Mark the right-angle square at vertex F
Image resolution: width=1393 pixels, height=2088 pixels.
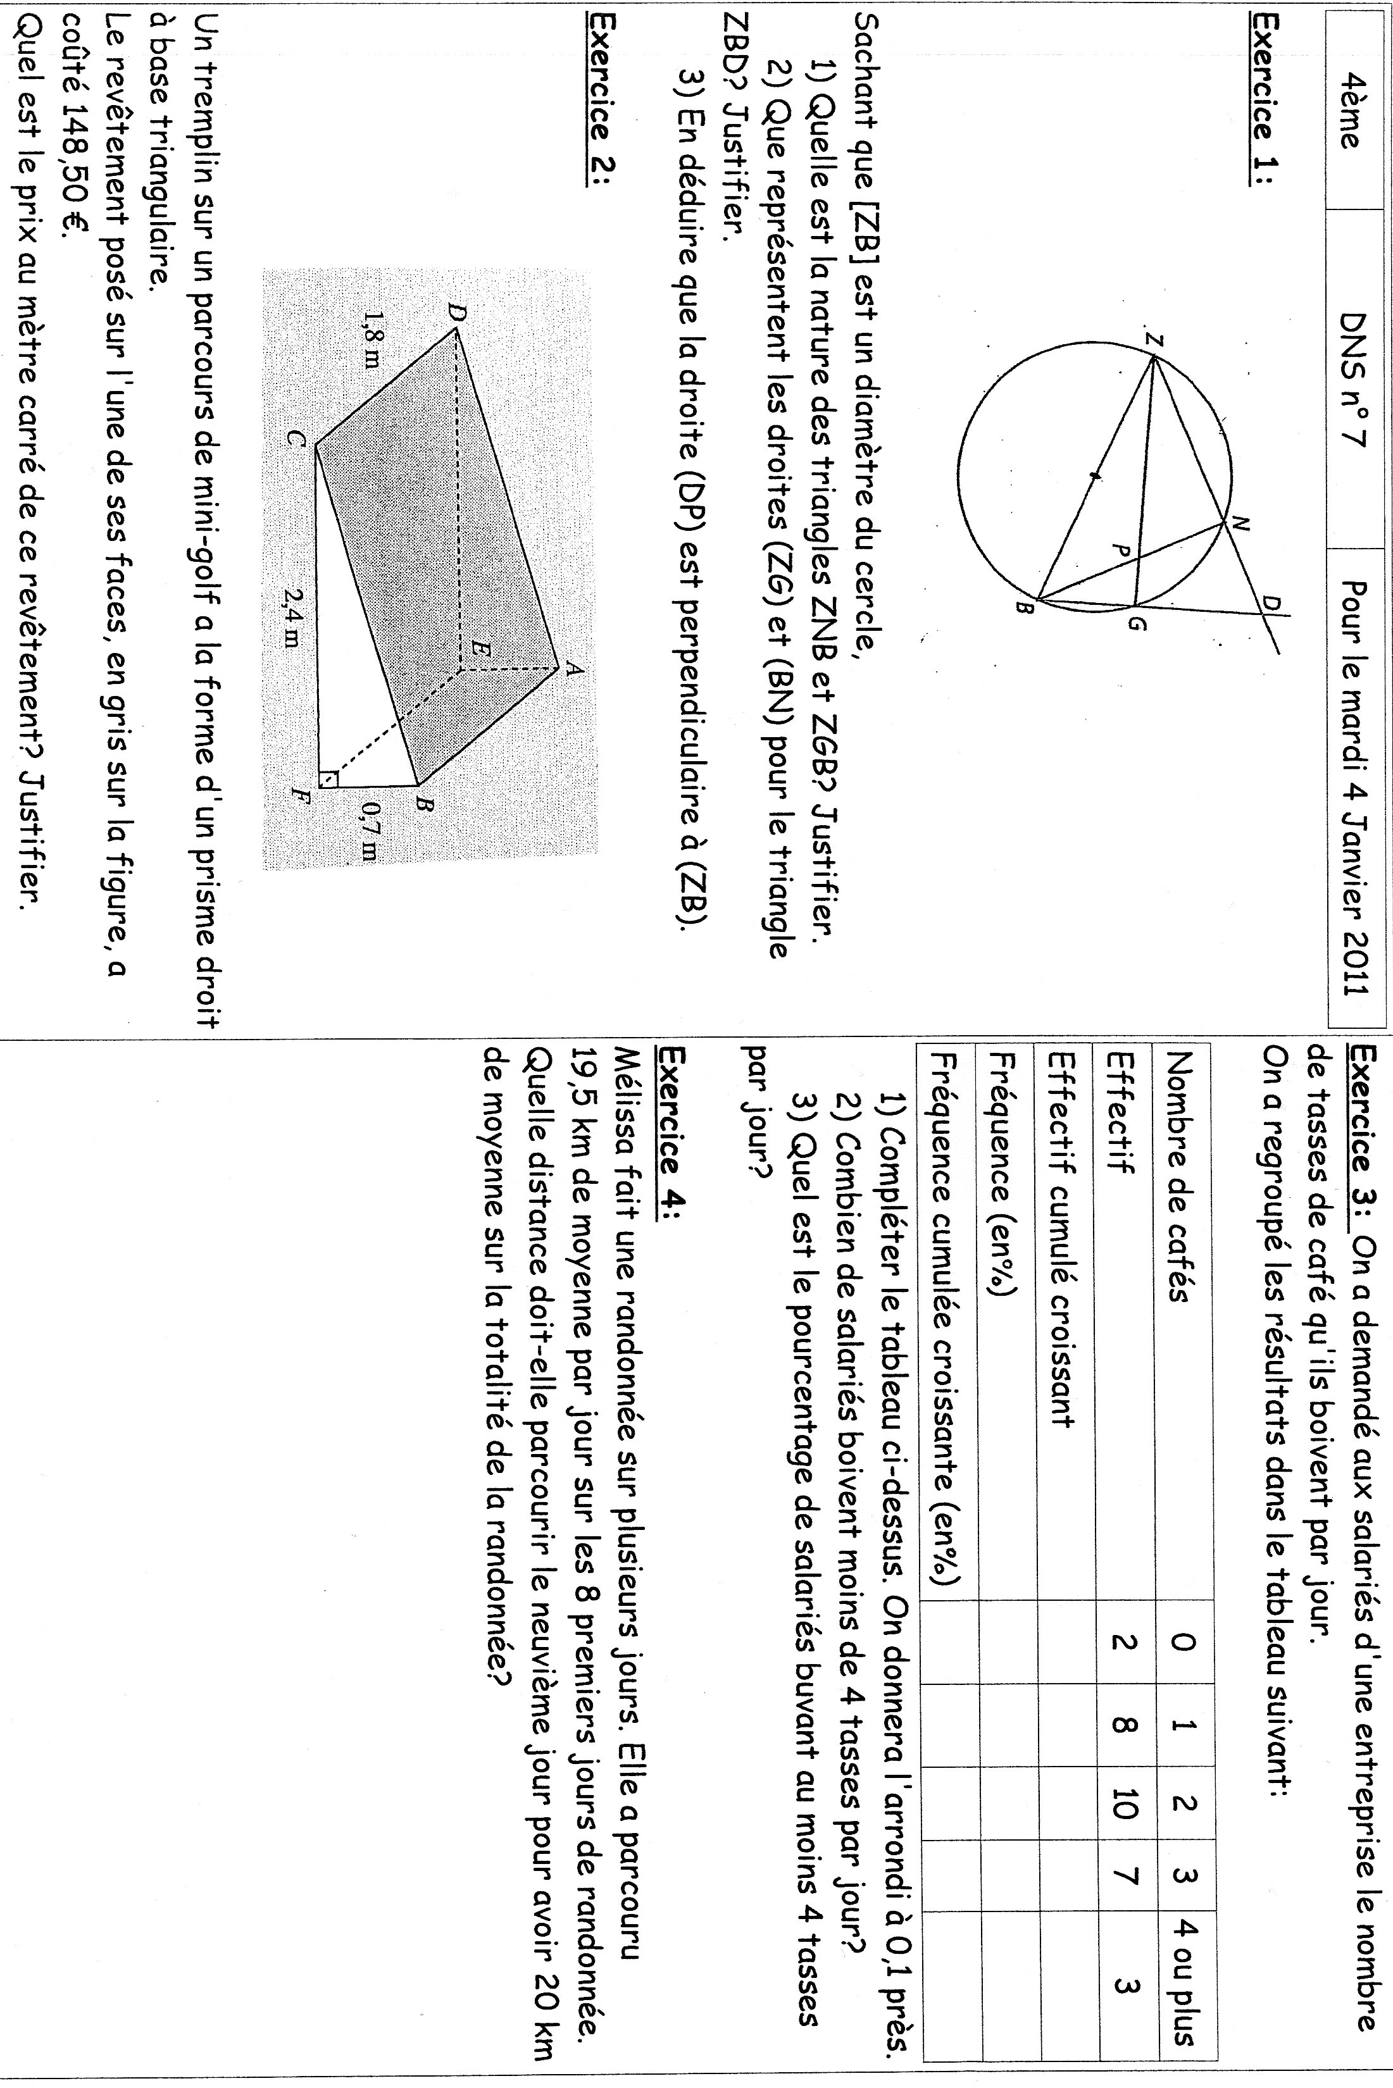click(x=328, y=778)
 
